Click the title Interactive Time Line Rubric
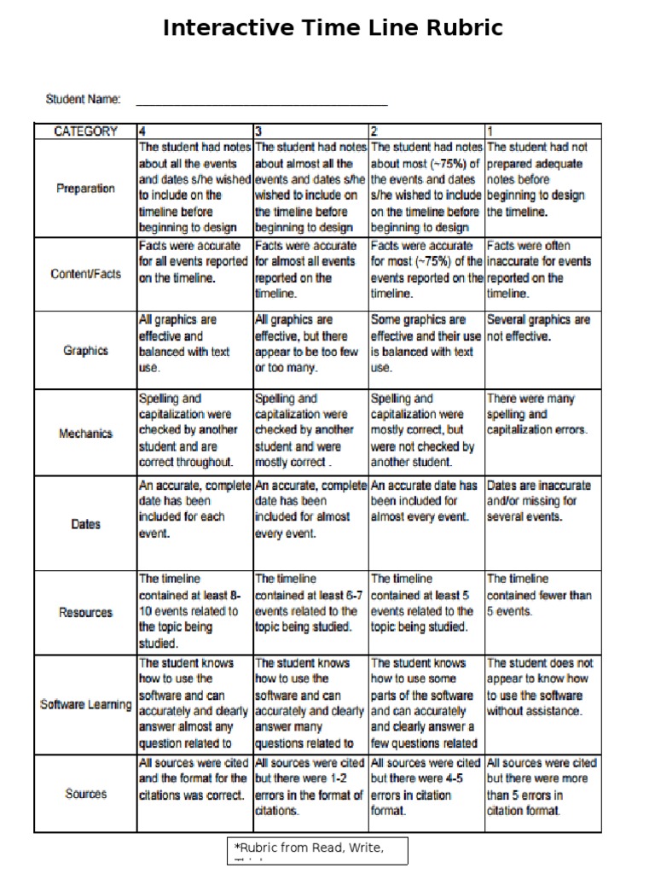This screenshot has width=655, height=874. (x=333, y=29)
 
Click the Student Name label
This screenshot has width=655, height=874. (x=83, y=99)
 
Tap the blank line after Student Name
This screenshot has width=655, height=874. (x=261, y=101)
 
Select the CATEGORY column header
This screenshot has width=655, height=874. (x=85, y=131)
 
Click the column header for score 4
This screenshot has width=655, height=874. (x=142, y=131)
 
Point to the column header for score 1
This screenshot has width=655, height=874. (x=490, y=131)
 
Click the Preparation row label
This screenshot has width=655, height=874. (x=85, y=189)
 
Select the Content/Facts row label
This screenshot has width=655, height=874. (x=85, y=274)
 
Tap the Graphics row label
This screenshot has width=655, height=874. (x=85, y=350)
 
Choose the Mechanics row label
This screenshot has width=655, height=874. (x=85, y=433)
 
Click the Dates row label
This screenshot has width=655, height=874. (x=85, y=524)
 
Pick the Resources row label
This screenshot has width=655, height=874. (x=85, y=612)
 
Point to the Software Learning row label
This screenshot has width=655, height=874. (x=85, y=705)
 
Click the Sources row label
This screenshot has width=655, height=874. (x=85, y=794)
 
